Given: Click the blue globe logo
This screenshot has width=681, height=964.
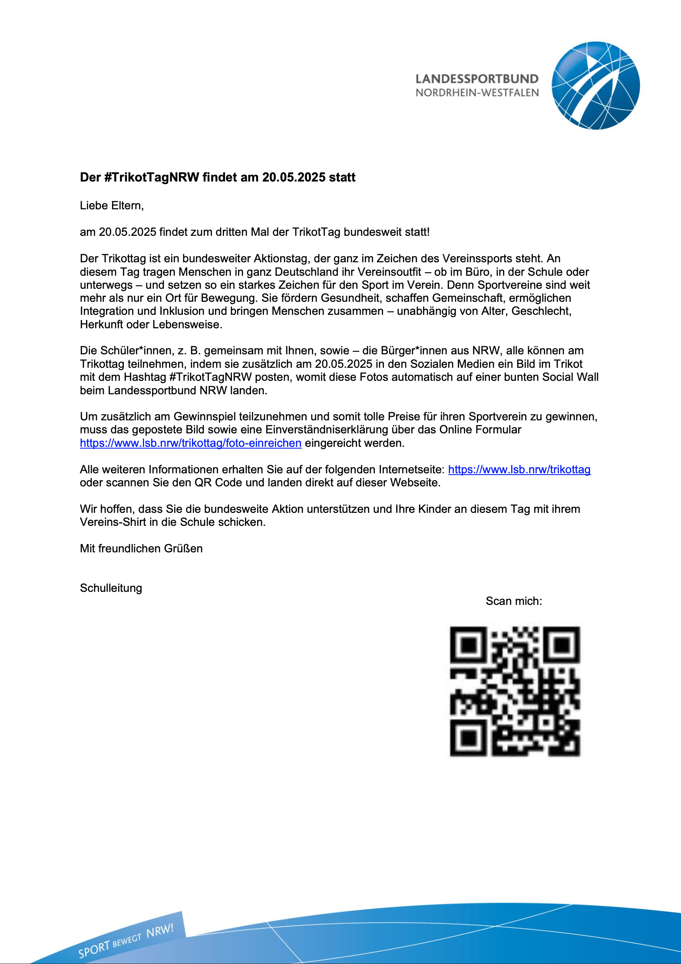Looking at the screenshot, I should pos(595,86).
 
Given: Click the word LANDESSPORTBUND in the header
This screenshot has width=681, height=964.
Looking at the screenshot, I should pos(477,79).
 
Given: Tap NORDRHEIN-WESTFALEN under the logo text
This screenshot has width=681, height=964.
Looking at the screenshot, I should pos(477,93).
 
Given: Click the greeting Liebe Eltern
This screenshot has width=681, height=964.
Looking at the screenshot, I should pos(112,205).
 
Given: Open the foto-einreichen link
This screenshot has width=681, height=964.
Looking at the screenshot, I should pos(191,443).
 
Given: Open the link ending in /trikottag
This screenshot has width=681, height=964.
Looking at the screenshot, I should pos(519,469).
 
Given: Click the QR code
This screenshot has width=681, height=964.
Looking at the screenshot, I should pos(515,691).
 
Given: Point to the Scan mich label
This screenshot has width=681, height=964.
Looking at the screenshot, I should pos(514,601).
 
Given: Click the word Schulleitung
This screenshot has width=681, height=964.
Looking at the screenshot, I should pos(111,588).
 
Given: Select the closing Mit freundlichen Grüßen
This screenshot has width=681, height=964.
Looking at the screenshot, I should pos(141,548).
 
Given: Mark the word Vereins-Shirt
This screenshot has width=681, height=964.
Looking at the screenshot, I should pos(113,522).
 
